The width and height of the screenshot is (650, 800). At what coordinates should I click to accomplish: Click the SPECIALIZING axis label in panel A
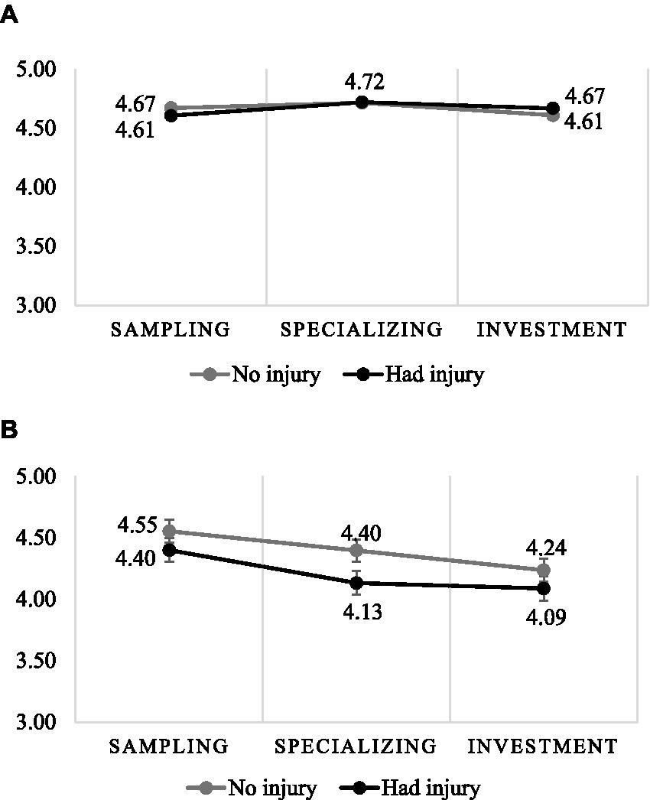click(361, 330)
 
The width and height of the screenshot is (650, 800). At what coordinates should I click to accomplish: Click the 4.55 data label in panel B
click(138, 526)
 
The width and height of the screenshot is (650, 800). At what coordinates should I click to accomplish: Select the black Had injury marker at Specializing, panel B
click(356, 583)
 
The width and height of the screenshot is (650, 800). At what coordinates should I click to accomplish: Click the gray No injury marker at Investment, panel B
click(544, 570)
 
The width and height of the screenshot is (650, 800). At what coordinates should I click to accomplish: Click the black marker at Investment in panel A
click(552, 109)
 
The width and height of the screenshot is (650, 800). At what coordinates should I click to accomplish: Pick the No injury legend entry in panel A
click(257, 375)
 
